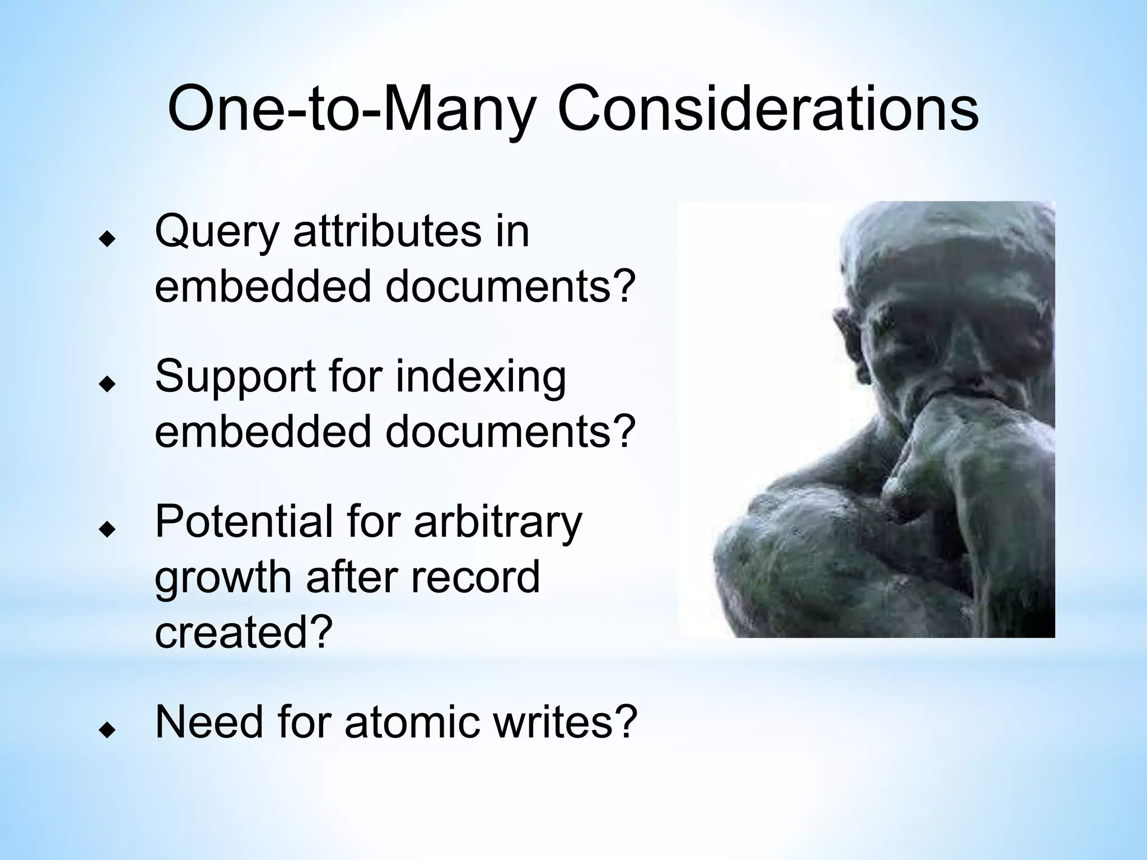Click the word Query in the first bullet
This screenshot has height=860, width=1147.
tap(216, 232)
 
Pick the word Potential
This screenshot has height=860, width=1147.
tap(243, 522)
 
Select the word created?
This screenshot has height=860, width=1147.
tap(244, 632)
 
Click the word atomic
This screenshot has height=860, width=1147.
tap(412, 722)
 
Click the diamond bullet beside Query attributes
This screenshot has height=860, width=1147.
tap(106, 240)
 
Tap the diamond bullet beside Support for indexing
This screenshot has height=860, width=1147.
tap(106, 384)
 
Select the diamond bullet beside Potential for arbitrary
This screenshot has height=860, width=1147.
tap(106, 529)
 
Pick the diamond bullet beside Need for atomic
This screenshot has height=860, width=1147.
tap(106, 729)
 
